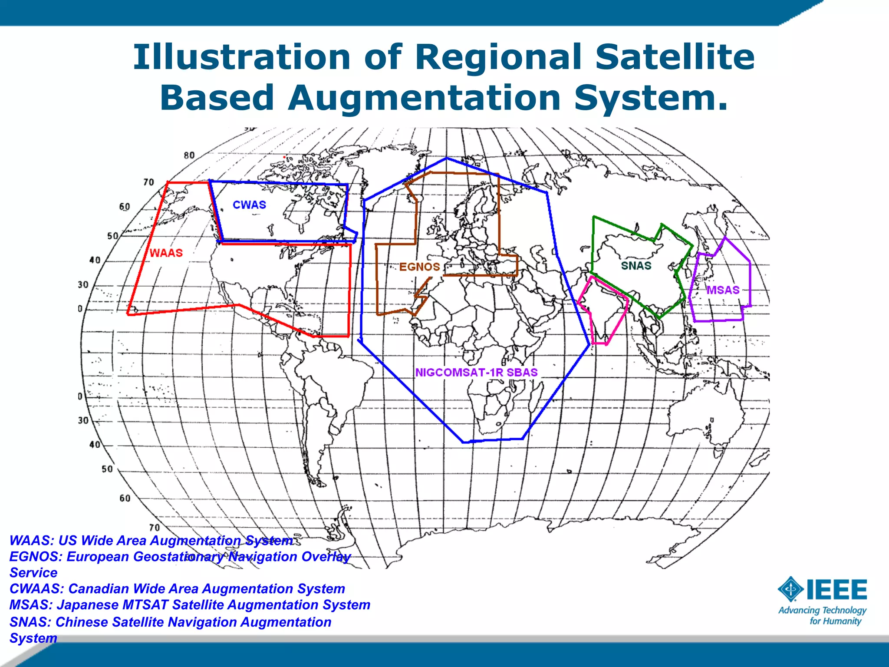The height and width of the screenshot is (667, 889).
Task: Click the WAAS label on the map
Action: (166, 253)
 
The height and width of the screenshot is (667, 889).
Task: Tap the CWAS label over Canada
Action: (249, 205)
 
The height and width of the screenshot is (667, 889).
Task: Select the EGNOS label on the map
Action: (419, 267)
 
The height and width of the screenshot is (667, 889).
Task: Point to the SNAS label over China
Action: (636, 266)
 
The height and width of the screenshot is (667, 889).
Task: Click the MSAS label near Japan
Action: (723, 290)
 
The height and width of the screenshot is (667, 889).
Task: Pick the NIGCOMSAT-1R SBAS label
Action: (476, 373)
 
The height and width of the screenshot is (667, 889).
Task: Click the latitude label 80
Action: (189, 155)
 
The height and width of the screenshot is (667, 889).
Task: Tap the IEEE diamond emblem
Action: (791, 589)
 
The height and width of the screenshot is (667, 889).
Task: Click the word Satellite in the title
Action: (675, 57)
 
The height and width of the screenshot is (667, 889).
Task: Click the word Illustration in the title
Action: (242, 57)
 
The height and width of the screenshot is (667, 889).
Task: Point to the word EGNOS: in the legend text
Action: (36, 557)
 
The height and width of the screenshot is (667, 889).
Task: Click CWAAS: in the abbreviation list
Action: (37, 589)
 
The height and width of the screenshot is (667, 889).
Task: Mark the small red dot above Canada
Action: (284, 157)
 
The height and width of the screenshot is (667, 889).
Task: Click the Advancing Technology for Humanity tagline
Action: (822, 616)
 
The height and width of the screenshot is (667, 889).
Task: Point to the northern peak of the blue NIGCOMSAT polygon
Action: (447, 158)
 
